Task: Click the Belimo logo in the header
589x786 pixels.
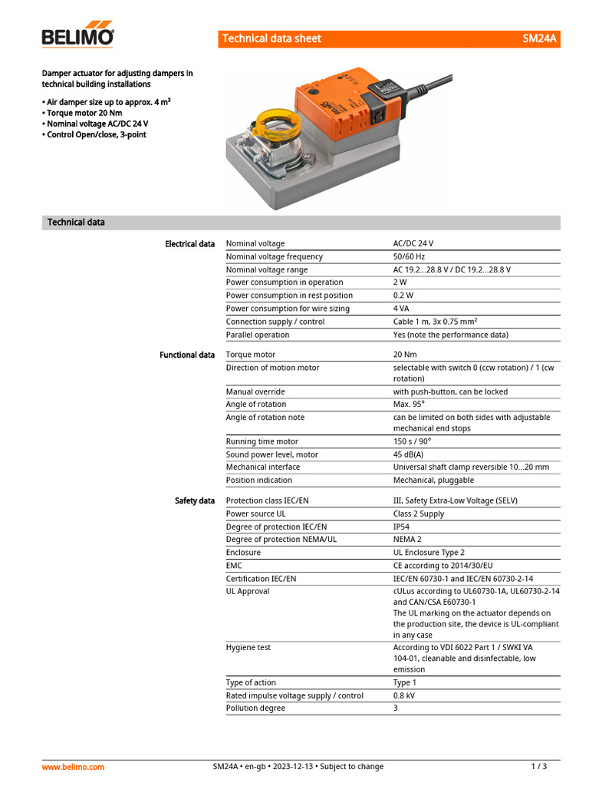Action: (77, 35)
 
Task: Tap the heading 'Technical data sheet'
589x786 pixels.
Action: (271, 38)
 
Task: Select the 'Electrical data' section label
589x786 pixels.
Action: (189, 244)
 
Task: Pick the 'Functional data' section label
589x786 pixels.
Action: (187, 355)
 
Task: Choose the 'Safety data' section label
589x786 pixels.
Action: (195, 501)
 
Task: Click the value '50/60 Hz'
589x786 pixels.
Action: (409, 257)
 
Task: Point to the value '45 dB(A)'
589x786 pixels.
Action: (410, 454)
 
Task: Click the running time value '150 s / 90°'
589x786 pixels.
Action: (412, 442)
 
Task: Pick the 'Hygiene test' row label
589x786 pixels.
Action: (248, 648)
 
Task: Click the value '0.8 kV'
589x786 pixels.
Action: (404, 696)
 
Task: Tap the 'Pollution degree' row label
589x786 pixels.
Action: (255, 708)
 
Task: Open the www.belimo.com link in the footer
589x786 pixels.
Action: (73, 767)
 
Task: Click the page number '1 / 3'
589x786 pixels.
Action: (539, 767)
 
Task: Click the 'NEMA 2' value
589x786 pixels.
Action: (408, 540)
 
